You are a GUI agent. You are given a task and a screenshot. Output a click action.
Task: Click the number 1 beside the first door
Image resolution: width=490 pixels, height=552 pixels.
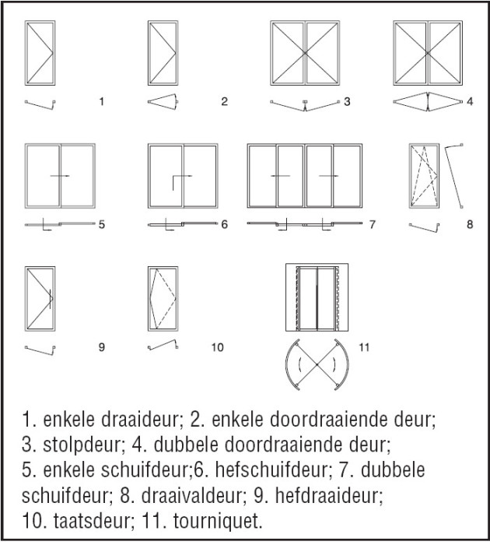(x=101, y=101)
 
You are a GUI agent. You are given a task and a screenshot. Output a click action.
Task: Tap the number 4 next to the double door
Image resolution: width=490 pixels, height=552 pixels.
(x=469, y=101)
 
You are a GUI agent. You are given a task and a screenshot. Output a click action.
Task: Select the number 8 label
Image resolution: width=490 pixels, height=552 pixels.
(x=469, y=224)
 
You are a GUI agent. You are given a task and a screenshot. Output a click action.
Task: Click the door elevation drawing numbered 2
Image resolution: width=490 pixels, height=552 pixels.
(x=164, y=52)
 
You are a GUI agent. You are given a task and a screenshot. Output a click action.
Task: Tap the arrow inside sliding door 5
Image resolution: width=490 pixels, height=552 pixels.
(x=61, y=176)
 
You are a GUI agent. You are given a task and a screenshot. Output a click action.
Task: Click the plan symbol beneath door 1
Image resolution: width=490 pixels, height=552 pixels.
(x=41, y=104)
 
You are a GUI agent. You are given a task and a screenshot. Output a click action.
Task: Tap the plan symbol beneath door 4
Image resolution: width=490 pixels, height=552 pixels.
(x=429, y=103)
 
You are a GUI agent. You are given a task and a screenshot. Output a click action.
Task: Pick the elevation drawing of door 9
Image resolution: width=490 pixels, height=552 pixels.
(x=40, y=299)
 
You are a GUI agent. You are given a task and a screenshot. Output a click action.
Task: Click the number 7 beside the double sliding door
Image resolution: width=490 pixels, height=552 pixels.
(x=373, y=224)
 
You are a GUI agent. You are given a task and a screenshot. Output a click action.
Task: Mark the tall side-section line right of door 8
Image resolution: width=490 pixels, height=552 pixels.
(x=453, y=177)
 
